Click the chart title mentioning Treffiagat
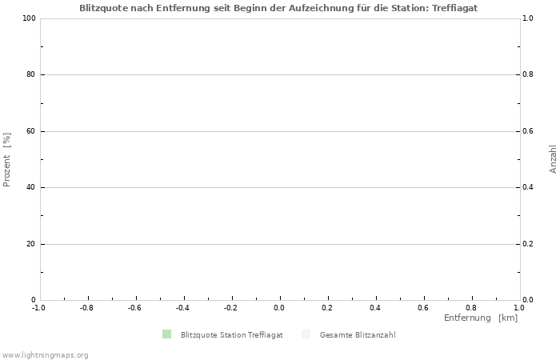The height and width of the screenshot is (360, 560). tap(278, 7)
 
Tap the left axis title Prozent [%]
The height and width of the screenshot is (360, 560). tap(7, 159)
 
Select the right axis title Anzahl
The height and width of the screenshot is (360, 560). tap(553, 159)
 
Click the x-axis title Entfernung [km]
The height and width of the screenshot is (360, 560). tap(481, 318)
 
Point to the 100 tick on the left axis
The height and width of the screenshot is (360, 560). tap(28, 18)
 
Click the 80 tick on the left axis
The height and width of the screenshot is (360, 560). tap(30, 75)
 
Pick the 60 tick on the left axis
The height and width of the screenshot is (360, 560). tap(30, 131)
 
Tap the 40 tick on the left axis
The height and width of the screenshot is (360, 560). tap(30, 188)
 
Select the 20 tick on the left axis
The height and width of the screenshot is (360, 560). tap(30, 244)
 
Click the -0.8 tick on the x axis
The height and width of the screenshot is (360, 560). tap(86, 307)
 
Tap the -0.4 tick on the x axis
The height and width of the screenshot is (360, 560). tap(182, 307)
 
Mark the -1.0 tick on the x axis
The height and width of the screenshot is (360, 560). tap(38, 307)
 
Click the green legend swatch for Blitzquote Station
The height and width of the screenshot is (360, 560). tap(166, 334)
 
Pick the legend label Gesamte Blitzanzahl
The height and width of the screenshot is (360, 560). tap(357, 335)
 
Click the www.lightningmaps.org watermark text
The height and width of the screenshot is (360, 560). tap(45, 354)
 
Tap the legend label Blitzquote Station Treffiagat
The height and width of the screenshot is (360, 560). tap(231, 335)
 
